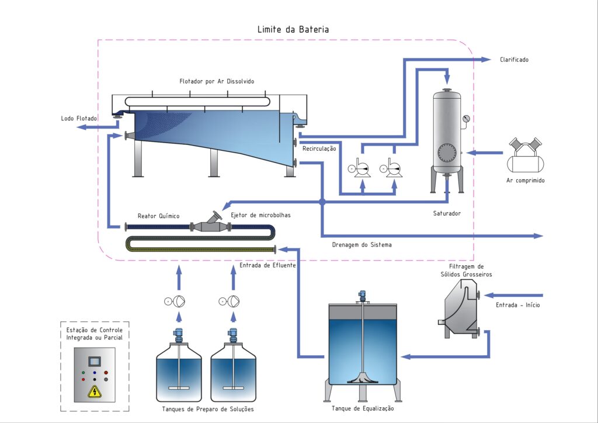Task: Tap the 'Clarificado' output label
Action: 514,60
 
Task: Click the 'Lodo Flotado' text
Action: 79,119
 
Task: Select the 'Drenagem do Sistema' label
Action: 363,245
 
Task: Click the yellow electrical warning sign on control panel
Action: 93,391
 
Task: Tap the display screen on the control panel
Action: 94,360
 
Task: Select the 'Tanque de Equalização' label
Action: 363,408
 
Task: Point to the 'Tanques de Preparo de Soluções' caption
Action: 208,409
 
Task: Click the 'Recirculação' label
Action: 319,148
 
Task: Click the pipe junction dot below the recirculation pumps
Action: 322,202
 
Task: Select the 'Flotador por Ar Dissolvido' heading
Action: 217,80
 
